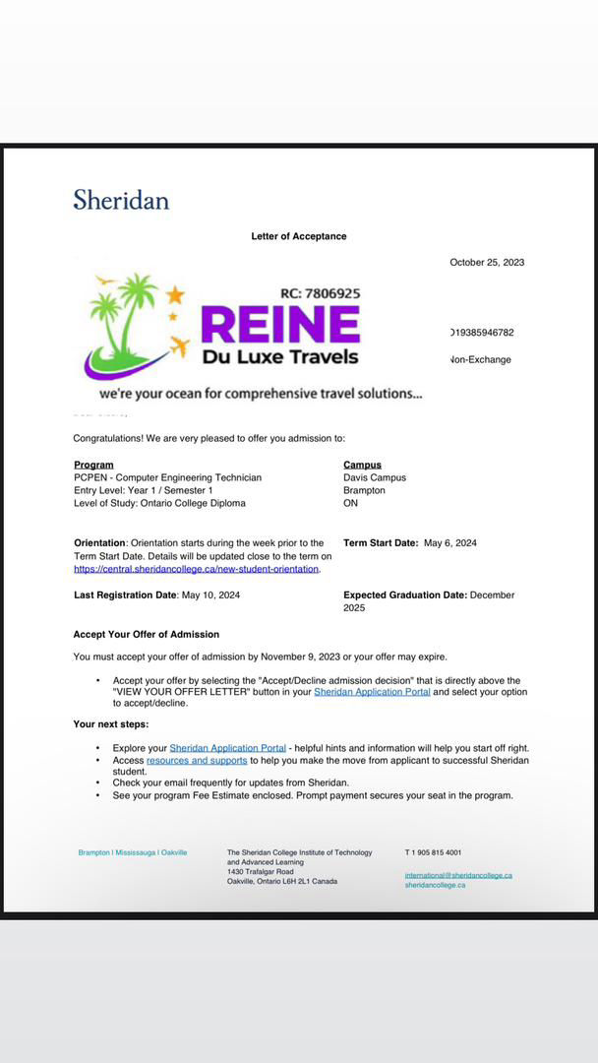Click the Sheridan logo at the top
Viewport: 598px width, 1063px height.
(x=121, y=200)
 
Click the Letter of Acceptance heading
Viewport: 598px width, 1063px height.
(x=299, y=236)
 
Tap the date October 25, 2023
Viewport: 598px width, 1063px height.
(x=487, y=263)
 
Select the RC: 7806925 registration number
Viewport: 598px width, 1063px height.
(x=320, y=293)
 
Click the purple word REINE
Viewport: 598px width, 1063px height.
(x=280, y=325)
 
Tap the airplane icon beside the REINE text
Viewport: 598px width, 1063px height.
(x=179, y=346)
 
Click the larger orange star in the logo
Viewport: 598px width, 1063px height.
(x=175, y=294)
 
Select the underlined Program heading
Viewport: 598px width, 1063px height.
(x=93, y=465)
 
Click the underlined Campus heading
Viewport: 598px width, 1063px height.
(x=362, y=465)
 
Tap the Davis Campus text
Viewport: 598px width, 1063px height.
(x=375, y=477)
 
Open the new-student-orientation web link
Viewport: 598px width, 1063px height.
(x=196, y=569)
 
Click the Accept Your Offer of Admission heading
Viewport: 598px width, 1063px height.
(x=146, y=634)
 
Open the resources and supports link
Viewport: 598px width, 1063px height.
(x=197, y=761)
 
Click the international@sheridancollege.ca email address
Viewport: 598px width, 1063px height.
(x=458, y=875)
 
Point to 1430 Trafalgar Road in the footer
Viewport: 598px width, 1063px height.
(x=261, y=872)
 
